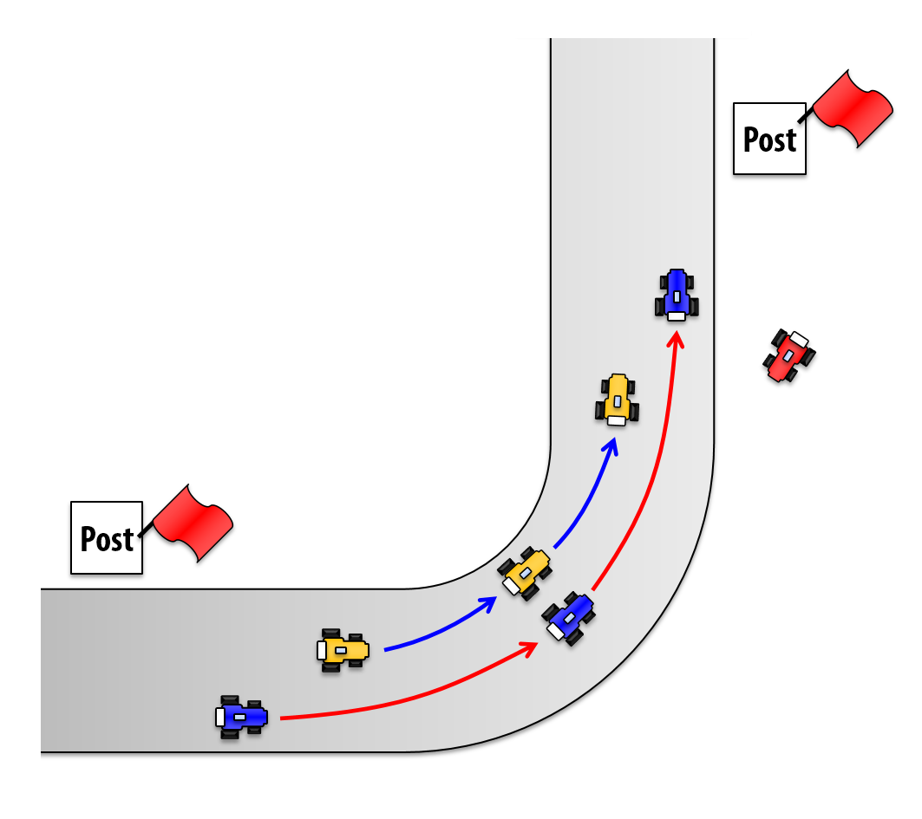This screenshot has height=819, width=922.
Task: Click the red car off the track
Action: tap(789, 354)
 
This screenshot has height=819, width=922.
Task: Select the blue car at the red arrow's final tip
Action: tap(677, 294)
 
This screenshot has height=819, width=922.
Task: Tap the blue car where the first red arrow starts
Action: tap(242, 717)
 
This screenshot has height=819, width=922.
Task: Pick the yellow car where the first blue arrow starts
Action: tap(343, 649)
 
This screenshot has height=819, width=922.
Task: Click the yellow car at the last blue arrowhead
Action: tap(617, 399)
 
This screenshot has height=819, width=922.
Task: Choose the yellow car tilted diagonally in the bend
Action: tap(526, 573)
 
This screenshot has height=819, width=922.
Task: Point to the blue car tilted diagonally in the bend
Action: tap(569, 617)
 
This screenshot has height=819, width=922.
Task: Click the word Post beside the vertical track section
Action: tap(769, 139)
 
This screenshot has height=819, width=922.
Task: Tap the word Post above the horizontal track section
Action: tap(107, 538)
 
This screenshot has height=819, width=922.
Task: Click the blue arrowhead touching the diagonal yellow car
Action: tap(488, 603)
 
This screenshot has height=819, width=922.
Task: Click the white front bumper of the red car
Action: tap(800, 338)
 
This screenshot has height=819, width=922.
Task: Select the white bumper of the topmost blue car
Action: tap(677, 316)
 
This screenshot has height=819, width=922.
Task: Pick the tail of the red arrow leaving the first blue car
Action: tap(283, 718)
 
